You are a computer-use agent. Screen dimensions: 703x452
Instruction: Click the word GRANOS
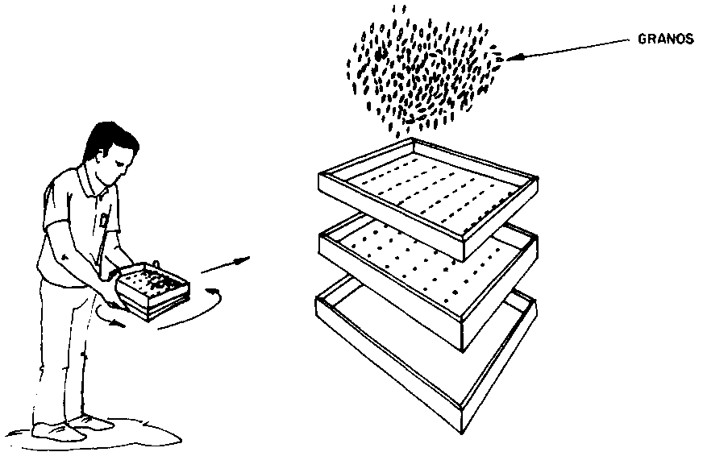(x=665, y=39)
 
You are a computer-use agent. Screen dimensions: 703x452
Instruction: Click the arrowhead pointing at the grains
(x=514, y=57)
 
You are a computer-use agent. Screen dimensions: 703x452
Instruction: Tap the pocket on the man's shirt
(x=105, y=219)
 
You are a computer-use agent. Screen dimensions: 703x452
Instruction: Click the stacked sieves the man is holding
(x=152, y=291)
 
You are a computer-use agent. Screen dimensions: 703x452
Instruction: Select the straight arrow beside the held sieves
(x=225, y=265)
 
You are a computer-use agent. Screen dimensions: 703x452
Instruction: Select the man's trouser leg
(x=58, y=350)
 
